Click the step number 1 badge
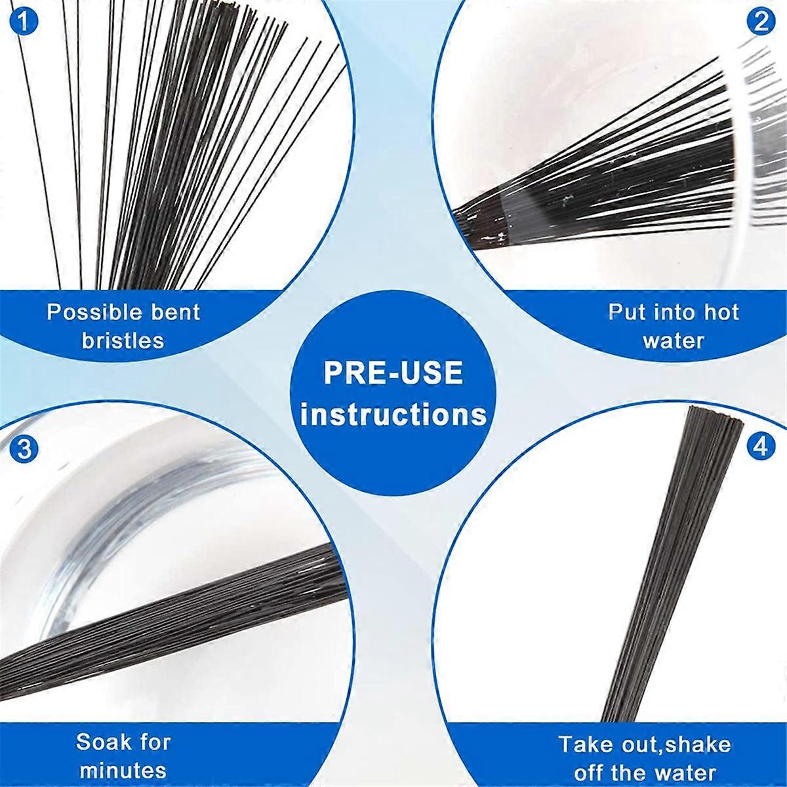24,22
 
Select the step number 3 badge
24,450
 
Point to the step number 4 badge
761,447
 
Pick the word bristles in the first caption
123,340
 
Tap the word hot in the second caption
721,312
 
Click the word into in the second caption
675,312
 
